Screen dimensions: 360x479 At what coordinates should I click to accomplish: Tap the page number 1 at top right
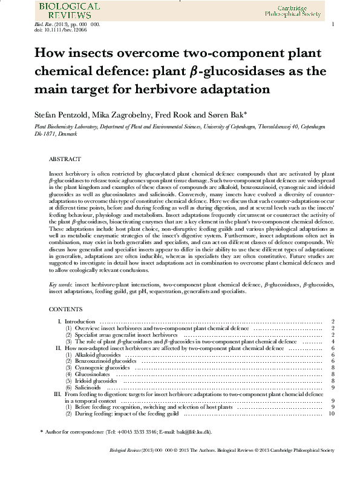click(333, 24)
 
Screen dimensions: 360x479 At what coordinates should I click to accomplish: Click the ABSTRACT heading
click(64, 159)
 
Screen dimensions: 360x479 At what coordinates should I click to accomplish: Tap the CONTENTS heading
click(65, 309)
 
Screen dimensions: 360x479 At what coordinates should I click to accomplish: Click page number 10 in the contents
click(331, 414)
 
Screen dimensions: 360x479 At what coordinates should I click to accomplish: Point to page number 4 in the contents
click(333, 342)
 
